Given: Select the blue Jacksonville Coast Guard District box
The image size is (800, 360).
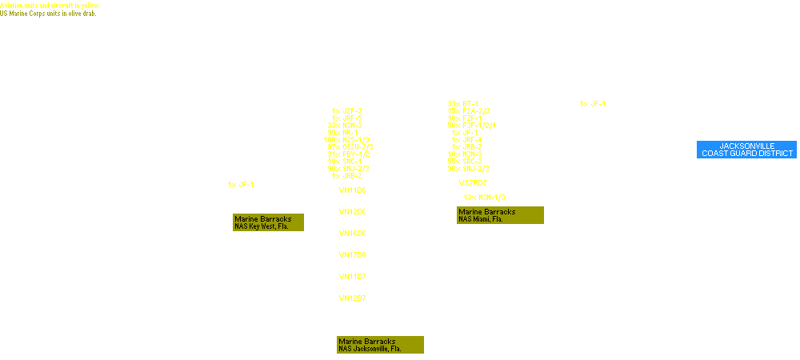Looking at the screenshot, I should pos(746,150).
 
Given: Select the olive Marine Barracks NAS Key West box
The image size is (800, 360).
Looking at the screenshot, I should pos(268,222).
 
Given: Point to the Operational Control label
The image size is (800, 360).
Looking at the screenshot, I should pos(712,134).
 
